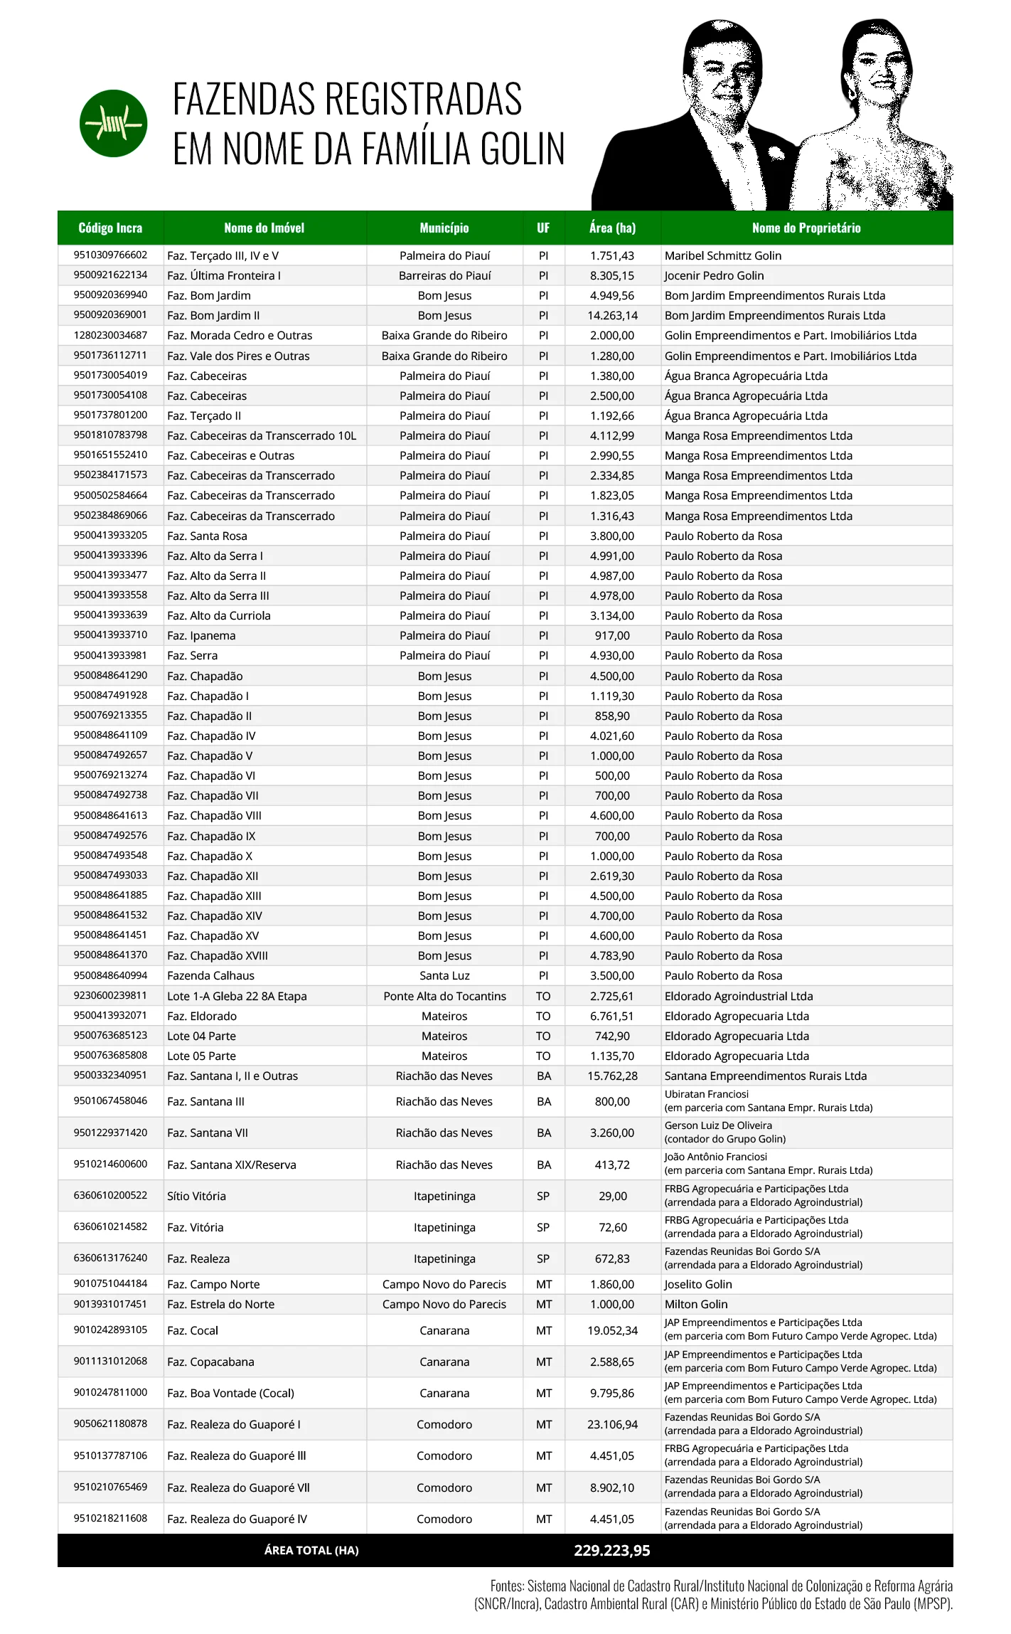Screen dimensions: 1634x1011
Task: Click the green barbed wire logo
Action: coord(113,123)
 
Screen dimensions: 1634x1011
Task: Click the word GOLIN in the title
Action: coord(522,149)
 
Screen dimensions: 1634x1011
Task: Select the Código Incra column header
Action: coord(110,228)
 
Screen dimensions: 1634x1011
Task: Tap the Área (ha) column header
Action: coord(612,228)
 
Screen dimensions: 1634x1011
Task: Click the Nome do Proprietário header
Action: coord(806,228)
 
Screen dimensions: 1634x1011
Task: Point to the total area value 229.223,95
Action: coord(611,1550)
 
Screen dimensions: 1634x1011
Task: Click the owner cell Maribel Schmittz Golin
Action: coord(722,255)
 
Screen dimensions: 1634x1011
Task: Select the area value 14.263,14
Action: coord(612,315)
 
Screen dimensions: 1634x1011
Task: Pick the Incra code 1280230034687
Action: coord(110,335)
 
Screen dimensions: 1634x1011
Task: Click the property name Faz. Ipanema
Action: coord(201,635)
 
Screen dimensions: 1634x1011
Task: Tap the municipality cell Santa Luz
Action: coord(444,975)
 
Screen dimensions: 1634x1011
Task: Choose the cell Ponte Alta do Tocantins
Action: coord(444,996)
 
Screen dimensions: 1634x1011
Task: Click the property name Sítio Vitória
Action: coord(196,1196)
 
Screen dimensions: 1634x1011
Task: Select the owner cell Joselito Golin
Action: coord(697,1284)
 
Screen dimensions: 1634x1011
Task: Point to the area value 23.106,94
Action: coord(612,1424)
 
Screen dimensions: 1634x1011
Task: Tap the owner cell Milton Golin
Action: coord(695,1304)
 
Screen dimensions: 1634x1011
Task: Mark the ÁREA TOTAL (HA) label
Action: coord(311,1550)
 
